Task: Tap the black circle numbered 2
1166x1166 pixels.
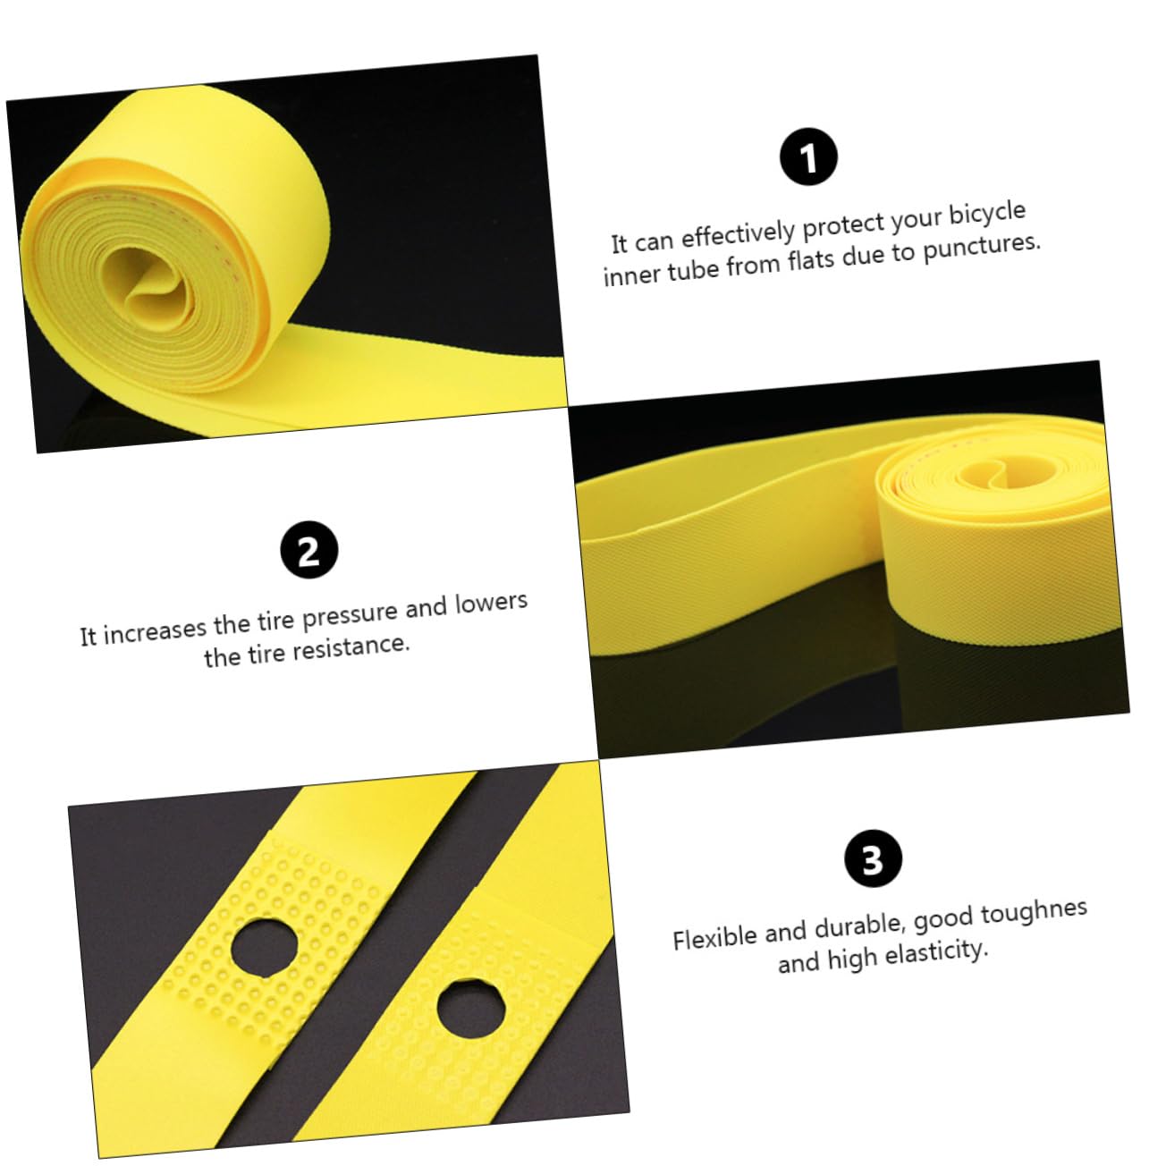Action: (x=308, y=551)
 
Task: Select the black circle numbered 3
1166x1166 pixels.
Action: (x=873, y=860)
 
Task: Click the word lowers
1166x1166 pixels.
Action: (x=491, y=604)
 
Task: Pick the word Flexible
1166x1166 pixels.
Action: (x=714, y=937)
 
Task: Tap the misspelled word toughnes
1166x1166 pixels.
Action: (x=1034, y=914)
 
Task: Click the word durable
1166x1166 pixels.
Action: (x=859, y=927)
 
